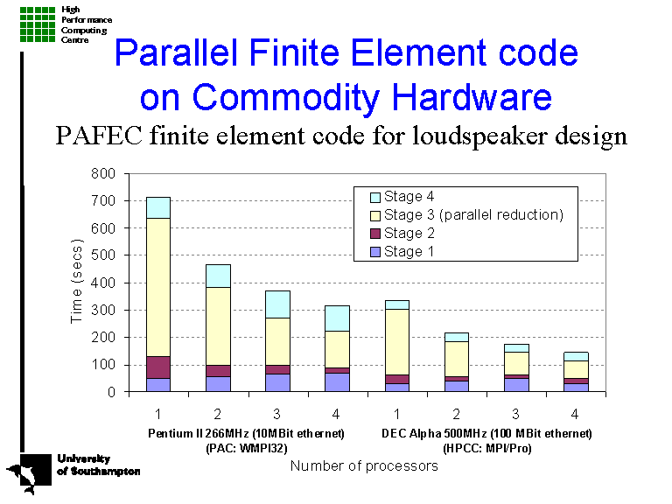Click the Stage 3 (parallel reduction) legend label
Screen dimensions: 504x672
pos(473,215)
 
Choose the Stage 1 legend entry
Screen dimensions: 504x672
pos(403,252)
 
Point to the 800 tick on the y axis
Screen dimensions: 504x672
pos(103,174)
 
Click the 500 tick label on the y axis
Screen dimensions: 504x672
pos(103,255)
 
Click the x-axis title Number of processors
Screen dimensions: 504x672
pos(363,466)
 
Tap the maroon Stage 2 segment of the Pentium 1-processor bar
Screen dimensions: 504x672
pos(158,367)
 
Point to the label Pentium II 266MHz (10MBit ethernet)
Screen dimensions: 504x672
pos(245,433)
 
